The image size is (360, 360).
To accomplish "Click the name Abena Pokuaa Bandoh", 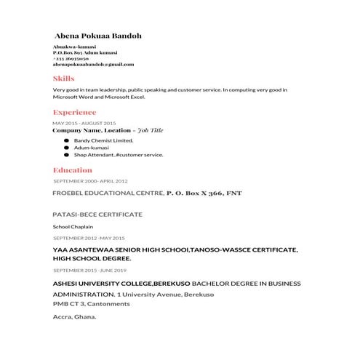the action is [x=97, y=36].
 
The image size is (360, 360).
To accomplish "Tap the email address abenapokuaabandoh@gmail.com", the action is [x=93, y=64].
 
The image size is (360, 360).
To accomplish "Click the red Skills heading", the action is [x=63, y=78].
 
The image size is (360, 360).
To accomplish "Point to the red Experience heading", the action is [x=74, y=113].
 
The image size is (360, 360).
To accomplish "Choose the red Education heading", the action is [x=73, y=170].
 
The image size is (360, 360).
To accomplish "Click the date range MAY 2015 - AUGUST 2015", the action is [x=84, y=123].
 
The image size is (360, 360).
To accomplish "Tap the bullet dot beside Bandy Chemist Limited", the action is [x=66, y=140].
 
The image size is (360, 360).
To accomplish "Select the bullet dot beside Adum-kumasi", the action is [x=66, y=147].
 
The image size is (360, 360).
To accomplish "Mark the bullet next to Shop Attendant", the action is [x=66, y=154].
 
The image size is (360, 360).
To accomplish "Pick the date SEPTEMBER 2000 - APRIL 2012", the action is [x=91, y=180].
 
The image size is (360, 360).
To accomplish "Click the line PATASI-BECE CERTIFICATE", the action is [x=97, y=215].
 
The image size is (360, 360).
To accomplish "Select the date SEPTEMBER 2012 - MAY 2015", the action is [x=89, y=238].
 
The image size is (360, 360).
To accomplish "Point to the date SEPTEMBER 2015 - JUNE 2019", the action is [x=89, y=270].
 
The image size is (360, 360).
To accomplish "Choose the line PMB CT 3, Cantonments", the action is [x=91, y=303].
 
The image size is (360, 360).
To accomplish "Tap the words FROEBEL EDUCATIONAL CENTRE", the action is [x=108, y=193].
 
